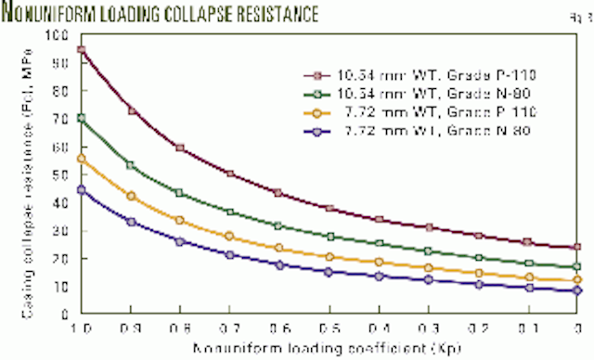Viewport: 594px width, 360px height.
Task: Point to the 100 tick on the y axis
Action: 61,35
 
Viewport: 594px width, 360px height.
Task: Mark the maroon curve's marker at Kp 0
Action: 577,248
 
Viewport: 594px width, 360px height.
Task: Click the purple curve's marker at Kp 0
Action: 577,290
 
